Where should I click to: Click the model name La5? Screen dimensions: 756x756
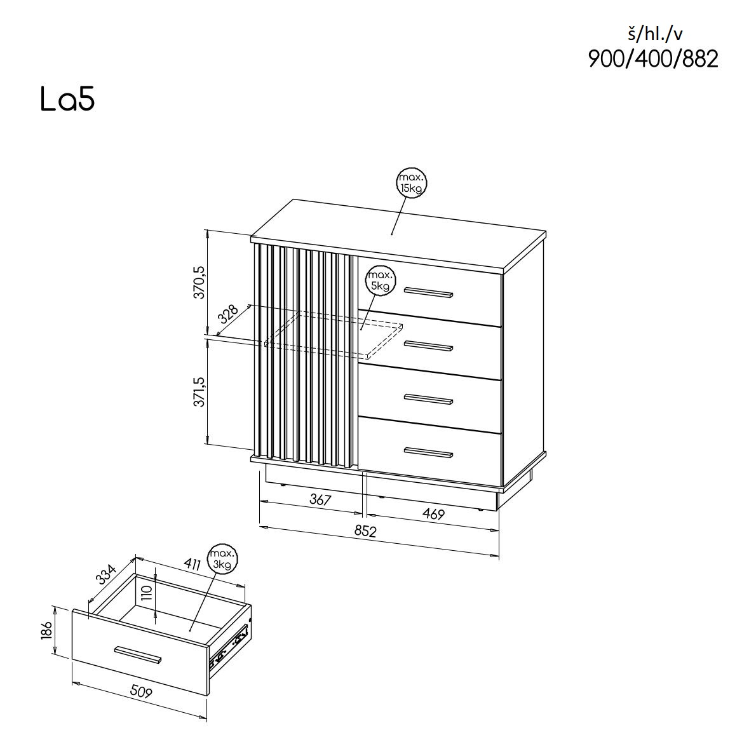pyautogui.click(x=67, y=100)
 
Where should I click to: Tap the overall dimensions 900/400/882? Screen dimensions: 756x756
pyautogui.click(x=652, y=59)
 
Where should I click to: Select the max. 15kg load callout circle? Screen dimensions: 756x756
pyautogui.click(x=411, y=183)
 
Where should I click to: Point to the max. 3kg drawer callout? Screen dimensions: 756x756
pyautogui.click(x=222, y=558)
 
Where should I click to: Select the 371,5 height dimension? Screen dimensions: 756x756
pyautogui.click(x=200, y=391)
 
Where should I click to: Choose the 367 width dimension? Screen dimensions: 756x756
pyautogui.click(x=320, y=500)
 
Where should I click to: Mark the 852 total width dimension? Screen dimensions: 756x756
pyautogui.click(x=365, y=530)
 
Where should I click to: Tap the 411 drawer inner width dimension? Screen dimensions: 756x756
pyautogui.click(x=192, y=564)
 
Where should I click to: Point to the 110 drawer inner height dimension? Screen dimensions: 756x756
pyautogui.click(x=147, y=593)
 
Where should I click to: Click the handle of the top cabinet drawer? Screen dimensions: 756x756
pyautogui.click(x=428, y=292)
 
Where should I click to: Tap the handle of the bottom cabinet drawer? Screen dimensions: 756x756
pyautogui.click(x=428, y=452)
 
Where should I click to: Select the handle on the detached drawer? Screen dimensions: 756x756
pyautogui.click(x=138, y=655)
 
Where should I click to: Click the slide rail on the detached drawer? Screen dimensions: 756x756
pyautogui.click(x=232, y=643)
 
